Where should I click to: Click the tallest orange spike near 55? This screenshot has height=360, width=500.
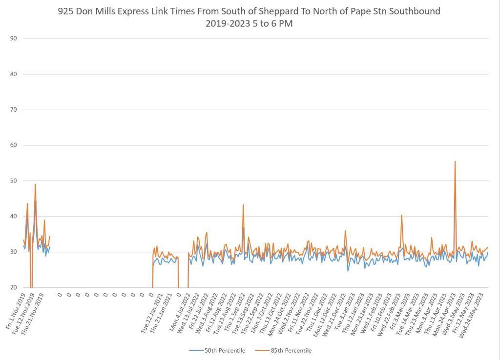[455, 161]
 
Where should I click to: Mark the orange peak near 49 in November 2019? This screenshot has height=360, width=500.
[35, 184]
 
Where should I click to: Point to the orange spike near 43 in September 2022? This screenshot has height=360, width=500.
[243, 205]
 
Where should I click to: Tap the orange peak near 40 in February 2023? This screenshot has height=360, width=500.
[402, 215]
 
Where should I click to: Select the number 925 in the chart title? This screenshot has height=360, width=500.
[65, 11]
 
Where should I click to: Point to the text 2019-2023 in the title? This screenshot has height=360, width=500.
[227, 23]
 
